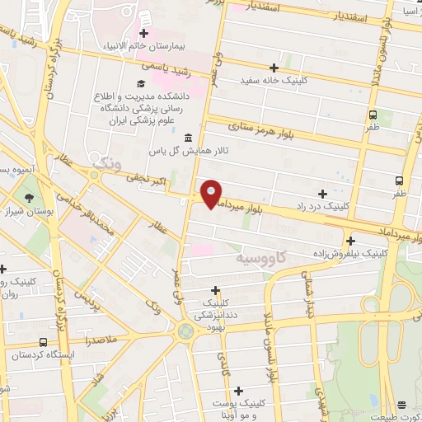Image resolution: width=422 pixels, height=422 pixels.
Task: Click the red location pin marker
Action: (x=212, y=194)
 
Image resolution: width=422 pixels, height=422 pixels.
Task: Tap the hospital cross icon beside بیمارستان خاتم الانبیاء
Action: (x=143, y=33)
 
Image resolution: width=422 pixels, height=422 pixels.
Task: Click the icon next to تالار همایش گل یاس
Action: (x=190, y=138)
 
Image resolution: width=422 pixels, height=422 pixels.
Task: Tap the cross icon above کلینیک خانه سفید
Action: (x=274, y=68)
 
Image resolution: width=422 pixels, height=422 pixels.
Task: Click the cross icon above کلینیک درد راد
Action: (x=322, y=193)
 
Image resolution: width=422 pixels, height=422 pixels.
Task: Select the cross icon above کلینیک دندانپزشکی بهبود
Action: (x=215, y=290)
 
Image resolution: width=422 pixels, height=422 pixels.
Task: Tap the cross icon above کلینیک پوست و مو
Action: (x=238, y=391)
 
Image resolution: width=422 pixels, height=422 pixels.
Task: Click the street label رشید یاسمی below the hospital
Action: (x=166, y=68)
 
